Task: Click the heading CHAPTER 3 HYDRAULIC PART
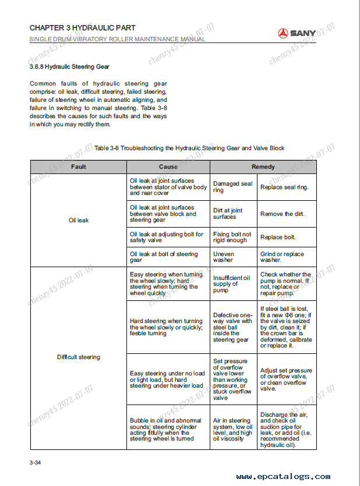click(x=82, y=28)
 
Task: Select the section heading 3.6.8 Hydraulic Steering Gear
click(x=69, y=67)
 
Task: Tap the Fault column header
click(x=79, y=167)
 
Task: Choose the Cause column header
click(x=168, y=167)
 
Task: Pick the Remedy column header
click(x=263, y=167)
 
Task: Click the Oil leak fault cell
click(x=79, y=221)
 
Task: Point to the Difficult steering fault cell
click(x=79, y=357)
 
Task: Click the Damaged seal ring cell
click(x=233, y=187)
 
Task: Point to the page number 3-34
click(x=35, y=463)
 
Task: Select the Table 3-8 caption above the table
click(x=189, y=148)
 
